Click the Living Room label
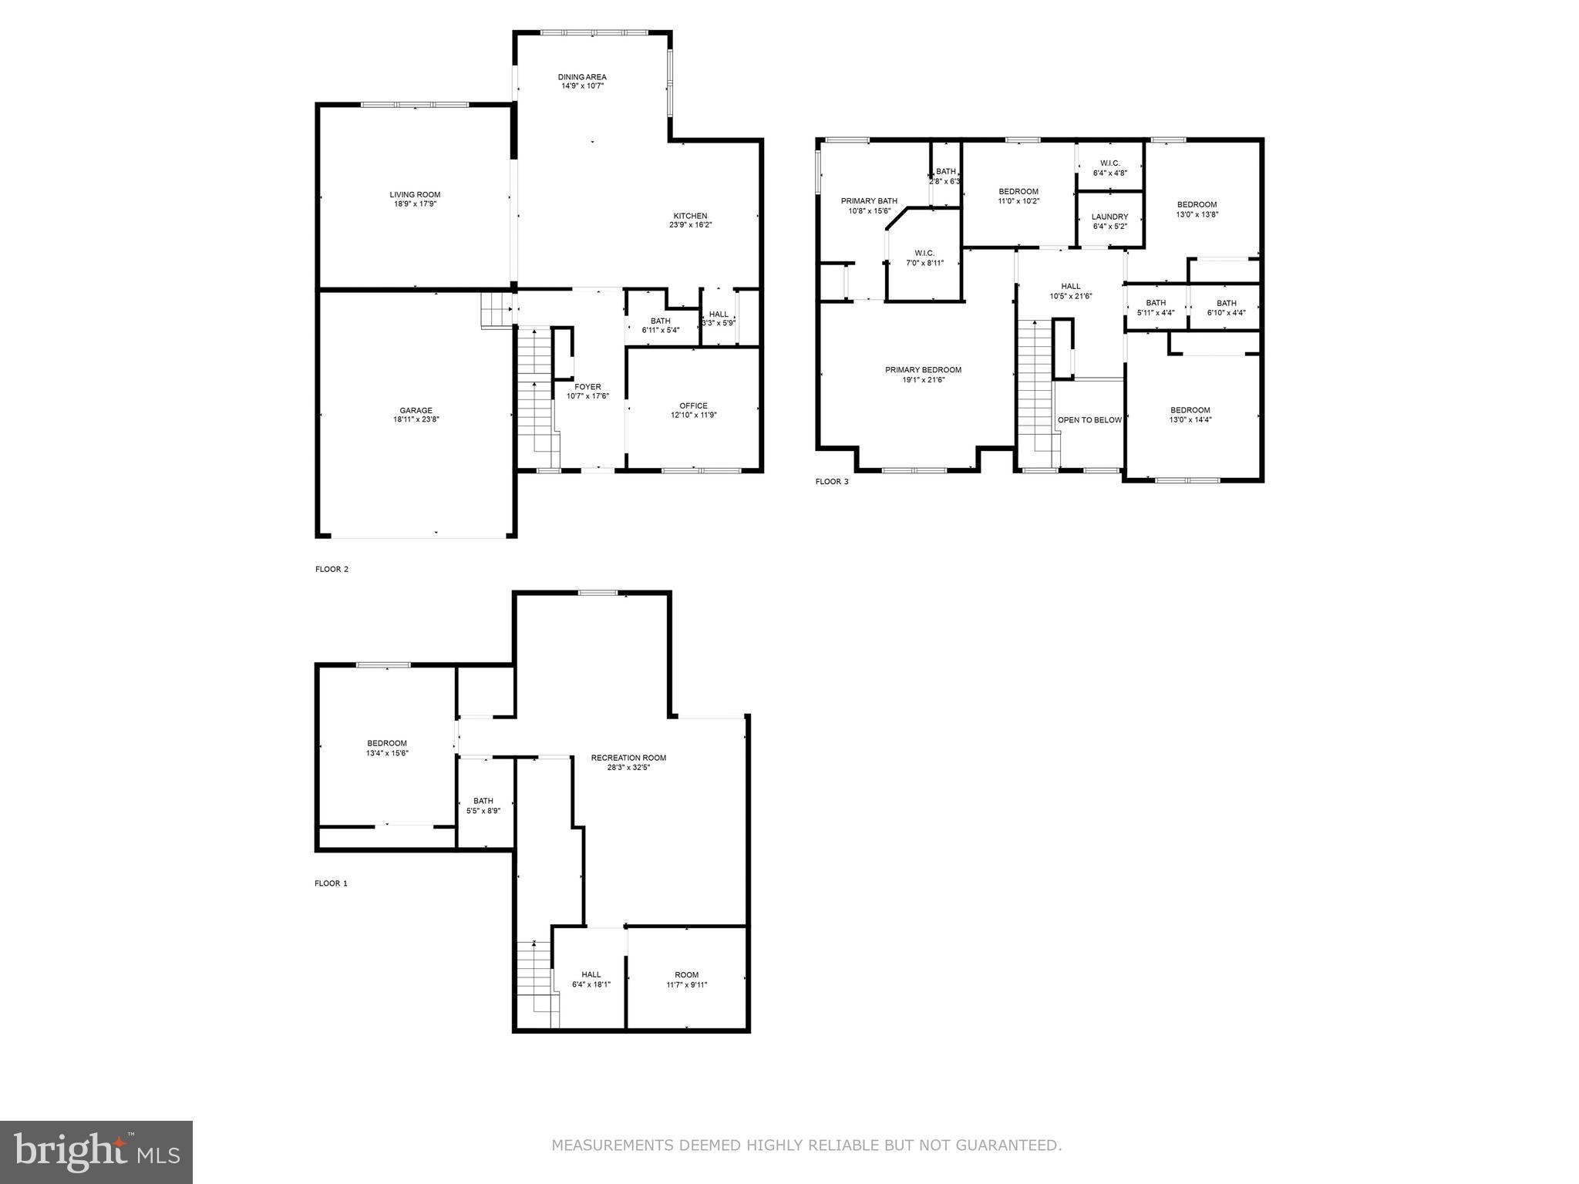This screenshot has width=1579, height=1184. pos(415,195)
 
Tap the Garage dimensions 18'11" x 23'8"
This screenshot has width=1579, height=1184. pos(416,420)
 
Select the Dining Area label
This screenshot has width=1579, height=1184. pos(582,77)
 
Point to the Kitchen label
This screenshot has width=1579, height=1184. pos(690,216)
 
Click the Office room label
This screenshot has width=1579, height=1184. pos(693,405)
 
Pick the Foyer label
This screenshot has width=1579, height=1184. pos(587,387)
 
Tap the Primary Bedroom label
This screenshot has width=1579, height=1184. pos(923,370)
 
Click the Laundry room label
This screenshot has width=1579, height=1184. pos(1109,217)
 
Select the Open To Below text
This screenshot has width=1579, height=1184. pos(1089,420)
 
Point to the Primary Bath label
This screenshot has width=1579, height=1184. pos(869,201)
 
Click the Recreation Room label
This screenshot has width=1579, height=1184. pos(628,758)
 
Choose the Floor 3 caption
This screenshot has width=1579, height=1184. pos(832,482)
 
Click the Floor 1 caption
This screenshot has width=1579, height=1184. pos(331,883)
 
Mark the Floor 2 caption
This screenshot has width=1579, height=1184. pos(332,570)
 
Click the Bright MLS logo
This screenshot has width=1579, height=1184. pos(96,1152)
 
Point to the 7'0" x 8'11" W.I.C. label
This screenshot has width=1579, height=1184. pos(924,258)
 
